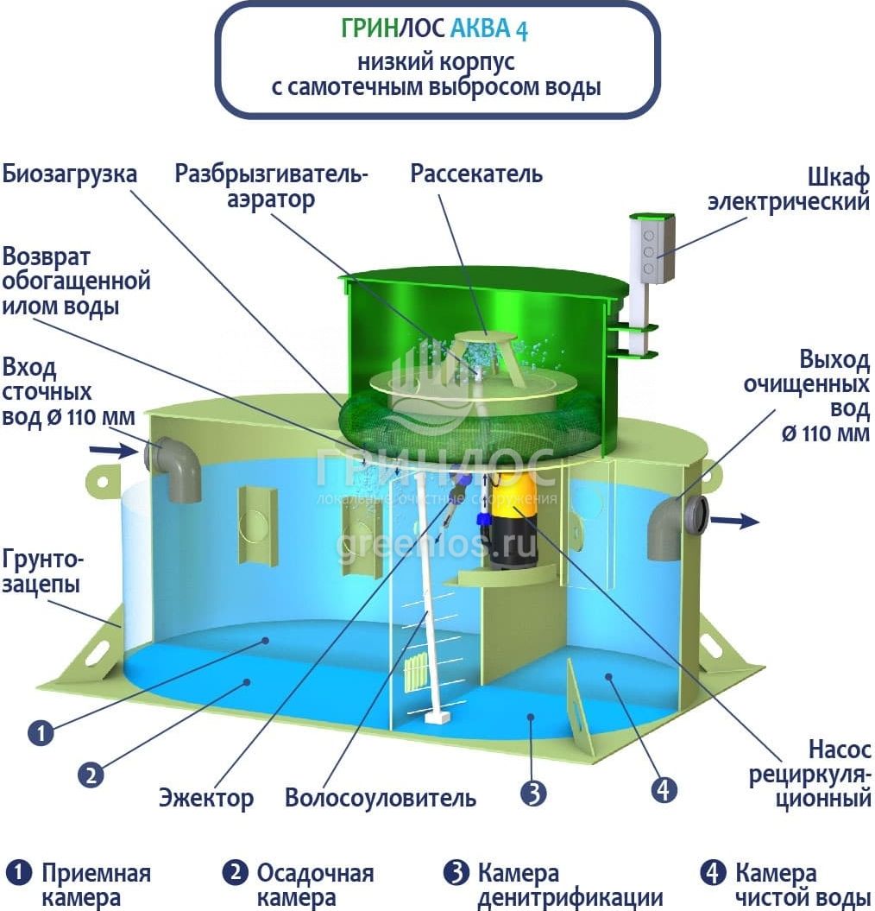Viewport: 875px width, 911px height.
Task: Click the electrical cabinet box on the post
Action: [652, 249]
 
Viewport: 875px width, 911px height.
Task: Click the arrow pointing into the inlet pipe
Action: [112, 450]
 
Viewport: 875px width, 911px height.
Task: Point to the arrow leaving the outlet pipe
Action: [739, 521]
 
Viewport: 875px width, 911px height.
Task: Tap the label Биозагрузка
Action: [69, 174]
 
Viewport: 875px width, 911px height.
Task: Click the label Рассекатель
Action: [476, 174]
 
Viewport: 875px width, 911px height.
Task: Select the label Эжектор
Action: [206, 797]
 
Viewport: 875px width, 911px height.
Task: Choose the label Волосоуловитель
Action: [381, 797]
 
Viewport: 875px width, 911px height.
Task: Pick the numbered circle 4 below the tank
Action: [664, 789]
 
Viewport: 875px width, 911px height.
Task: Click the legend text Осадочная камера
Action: [315, 885]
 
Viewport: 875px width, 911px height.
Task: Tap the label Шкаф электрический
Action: [788, 189]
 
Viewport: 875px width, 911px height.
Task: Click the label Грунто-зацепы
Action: [41, 570]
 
